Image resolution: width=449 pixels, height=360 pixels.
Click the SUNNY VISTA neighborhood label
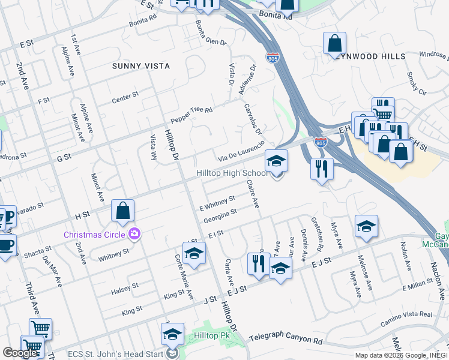pyautogui.click(x=140, y=66)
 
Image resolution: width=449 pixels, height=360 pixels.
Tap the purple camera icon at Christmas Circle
pyautogui.click(x=136, y=233)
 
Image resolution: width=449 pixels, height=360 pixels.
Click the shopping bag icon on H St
pyautogui.click(x=122, y=211)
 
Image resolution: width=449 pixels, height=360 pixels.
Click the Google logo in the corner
pyautogui.click(x=20, y=352)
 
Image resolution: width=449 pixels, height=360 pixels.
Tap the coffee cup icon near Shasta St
pyautogui.click(x=6, y=245)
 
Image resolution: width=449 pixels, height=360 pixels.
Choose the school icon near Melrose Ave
pyautogui.click(x=366, y=227)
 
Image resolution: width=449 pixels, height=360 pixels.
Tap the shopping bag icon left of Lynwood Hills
pyautogui.click(x=334, y=44)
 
